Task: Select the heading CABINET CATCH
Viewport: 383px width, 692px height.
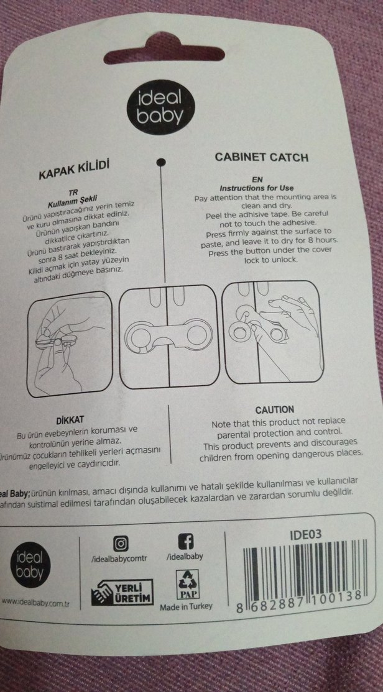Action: click(x=261, y=157)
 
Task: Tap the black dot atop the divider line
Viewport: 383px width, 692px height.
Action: click(x=161, y=163)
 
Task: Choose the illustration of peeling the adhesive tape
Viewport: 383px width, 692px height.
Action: click(x=70, y=345)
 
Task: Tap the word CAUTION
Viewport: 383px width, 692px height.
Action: click(x=275, y=410)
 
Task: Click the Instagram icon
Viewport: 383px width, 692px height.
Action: click(x=121, y=543)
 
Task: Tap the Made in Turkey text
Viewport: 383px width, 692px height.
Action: click(x=186, y=606)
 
